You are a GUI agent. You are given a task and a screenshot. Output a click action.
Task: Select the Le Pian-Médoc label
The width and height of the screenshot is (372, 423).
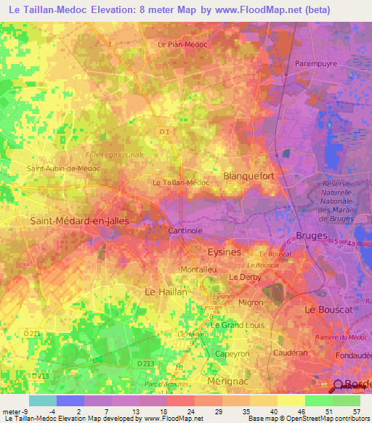click(182, 44)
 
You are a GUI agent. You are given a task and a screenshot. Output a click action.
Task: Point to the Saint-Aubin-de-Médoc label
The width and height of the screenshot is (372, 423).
click(62, 168)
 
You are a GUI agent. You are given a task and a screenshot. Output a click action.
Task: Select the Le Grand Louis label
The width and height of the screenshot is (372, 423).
click(235, 324)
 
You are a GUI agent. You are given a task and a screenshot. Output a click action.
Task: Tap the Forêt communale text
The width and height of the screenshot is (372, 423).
click(115, 155)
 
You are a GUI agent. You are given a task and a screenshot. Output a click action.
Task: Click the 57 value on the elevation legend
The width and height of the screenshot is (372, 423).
click(356, 411)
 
